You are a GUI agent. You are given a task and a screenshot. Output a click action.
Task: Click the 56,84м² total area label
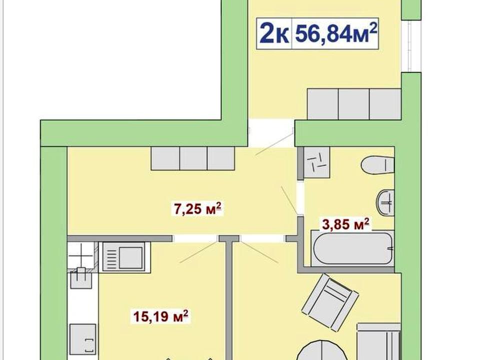click(335, 33)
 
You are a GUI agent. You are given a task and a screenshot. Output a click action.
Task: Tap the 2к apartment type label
click(274, 33)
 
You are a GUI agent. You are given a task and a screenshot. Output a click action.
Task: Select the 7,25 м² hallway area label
click(197, 209)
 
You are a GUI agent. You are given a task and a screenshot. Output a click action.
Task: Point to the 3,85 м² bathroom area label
click(345, 224)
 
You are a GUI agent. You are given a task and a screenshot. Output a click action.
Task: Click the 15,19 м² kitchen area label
click(160, 316)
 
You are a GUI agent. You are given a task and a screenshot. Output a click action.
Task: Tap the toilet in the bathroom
click(377, 165)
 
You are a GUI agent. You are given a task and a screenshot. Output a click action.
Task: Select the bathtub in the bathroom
click(352, 248)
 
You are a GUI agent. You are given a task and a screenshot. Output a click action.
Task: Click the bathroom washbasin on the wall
click(385, 202)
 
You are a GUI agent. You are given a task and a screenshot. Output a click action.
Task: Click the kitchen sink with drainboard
click(124, 256)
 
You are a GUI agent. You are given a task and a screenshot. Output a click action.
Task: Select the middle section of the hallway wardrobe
click(193, 158)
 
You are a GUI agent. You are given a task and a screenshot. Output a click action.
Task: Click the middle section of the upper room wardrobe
click(354, 104)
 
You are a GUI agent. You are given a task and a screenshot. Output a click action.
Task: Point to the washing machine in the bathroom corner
click(316, 162)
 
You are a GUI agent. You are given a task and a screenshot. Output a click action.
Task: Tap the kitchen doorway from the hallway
click(195, 238)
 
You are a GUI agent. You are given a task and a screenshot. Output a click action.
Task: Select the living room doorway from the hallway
click(262, 238)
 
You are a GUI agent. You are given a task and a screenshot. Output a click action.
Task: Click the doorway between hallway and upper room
click(271, 133)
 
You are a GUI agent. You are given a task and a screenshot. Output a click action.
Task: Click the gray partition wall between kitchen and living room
click(229, 300)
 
